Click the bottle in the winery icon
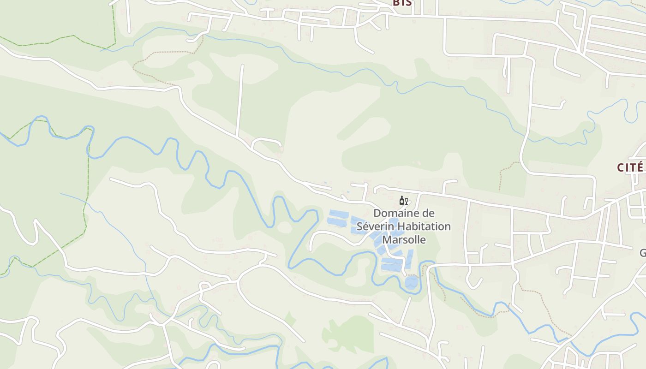401,200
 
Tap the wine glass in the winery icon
406,201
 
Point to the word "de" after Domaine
429,214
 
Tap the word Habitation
424,227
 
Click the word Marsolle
404,240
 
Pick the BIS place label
402,3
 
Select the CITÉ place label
630,167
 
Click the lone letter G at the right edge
642,253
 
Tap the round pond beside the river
411,282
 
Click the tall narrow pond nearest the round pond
409,258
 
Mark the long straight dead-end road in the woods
239,99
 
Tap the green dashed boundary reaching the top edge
114,23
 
